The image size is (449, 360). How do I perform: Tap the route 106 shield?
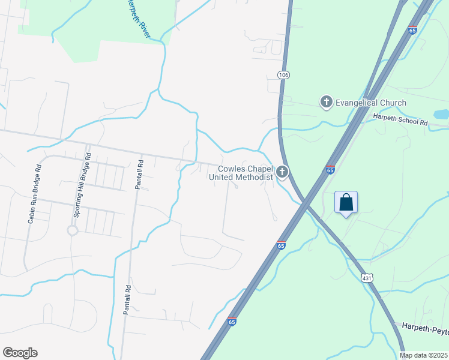283,74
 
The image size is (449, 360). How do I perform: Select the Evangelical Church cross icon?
327,103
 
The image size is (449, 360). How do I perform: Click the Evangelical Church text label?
371,103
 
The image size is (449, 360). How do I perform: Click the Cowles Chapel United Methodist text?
241,173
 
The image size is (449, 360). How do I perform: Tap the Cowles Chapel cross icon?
282,173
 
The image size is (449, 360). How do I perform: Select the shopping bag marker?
346,203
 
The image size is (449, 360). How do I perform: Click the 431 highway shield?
368,278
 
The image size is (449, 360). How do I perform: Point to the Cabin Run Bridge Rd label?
34,194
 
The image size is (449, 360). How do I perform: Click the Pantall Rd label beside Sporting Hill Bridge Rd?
138,175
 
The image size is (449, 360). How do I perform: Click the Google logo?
20,353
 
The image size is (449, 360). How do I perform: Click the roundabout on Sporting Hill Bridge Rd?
73,230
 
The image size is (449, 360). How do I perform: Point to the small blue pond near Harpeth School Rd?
441,113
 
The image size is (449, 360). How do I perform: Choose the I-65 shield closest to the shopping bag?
330,170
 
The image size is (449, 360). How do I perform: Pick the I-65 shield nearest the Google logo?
232,322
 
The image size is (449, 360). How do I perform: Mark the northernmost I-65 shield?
412,29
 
